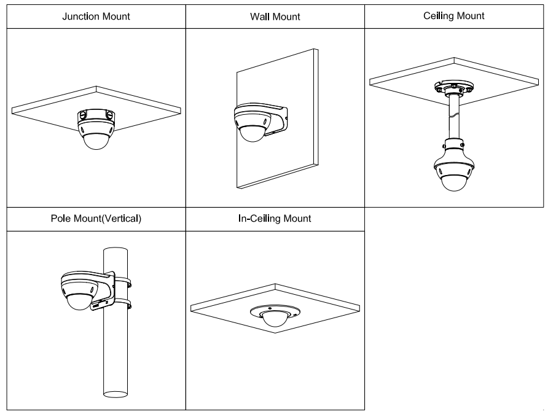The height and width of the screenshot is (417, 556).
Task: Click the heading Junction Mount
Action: click(96, 17)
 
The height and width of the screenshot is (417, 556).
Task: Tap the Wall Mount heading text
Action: click(275, 17)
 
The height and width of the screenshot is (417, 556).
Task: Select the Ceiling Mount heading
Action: click(454, 16)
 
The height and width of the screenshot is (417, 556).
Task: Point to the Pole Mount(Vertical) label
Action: click(96, 219)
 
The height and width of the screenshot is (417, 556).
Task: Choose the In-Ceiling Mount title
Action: click(275, 218)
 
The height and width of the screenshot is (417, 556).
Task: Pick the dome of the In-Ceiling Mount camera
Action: click(275, 318)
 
